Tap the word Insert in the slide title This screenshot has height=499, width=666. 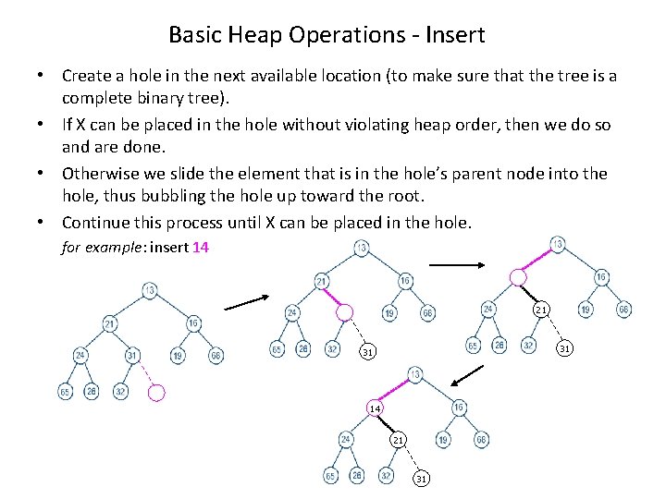tap(452, 35)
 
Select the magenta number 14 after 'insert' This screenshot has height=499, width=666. tap(201, 247)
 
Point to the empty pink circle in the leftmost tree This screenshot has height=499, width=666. tap(156, 393)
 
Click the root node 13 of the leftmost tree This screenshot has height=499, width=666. tap(149, 290)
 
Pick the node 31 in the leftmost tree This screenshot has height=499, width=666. tap(132, 355)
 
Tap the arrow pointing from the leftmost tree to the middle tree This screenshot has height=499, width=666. tap(246, 301)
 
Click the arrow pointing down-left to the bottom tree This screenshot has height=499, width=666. tap(468, 374)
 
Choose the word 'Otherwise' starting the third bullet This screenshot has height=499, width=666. tap(102, 173)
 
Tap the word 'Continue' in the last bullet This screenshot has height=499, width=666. tap(93, 222)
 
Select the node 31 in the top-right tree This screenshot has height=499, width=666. tap(563, 347)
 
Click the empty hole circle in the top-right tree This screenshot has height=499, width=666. tap(519, 276)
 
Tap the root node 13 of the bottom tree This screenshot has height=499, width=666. tap(415, 374)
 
